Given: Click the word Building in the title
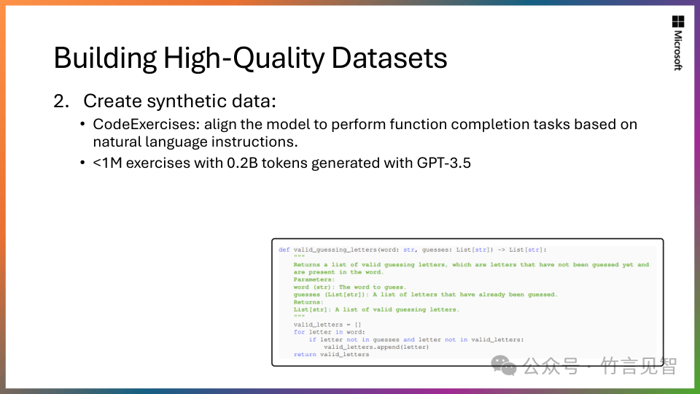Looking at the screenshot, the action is click(x=105, y=58).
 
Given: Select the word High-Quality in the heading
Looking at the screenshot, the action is click(x=244, y=58).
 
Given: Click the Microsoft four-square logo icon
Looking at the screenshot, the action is click(x=678, y=21).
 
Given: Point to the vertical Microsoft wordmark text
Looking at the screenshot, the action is click(x=678, y=50).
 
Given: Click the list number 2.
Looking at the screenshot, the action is click(x=61, y=101).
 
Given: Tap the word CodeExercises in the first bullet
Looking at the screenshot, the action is click(x=146, y=124).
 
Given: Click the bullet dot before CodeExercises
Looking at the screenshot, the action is click(x=82, y=124).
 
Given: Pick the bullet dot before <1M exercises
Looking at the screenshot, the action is click(x=82, y=163).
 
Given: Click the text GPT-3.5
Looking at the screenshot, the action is click(x=444, y=163).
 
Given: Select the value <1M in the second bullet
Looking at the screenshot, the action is click(x=108, y=163).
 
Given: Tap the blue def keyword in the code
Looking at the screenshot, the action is click(x=284, y=250).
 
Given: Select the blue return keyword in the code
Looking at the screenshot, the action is click(x=305, y=355).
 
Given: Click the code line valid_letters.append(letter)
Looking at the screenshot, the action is click(x=376, y=347).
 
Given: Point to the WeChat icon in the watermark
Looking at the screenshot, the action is click(x=504, y=366).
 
